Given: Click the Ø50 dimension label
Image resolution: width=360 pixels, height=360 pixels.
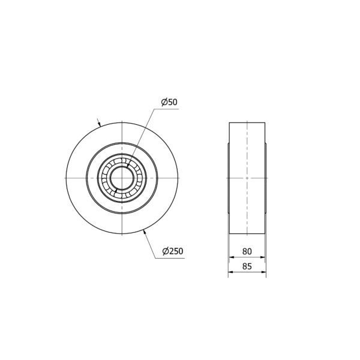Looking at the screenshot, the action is click(169, 102).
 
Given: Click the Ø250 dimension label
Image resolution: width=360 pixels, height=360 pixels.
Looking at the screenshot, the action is click(173, 251).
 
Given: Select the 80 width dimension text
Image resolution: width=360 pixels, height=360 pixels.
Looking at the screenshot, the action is click(247, 251).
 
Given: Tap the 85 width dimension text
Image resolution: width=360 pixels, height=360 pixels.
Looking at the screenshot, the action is click(247, 266).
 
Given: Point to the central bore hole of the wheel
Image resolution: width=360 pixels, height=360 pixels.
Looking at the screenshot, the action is click(122, 178).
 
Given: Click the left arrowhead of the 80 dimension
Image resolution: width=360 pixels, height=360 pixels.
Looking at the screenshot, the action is click(232, 257).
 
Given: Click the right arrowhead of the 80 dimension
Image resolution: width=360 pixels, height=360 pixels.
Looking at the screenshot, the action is click(263, 257).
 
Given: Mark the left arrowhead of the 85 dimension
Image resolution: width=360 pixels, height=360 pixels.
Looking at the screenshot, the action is click(230, 272).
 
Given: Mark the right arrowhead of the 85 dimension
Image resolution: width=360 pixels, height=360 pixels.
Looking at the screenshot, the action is click(264, 272).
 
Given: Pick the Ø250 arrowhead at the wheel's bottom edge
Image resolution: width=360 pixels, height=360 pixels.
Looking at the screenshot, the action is click(145, 232).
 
